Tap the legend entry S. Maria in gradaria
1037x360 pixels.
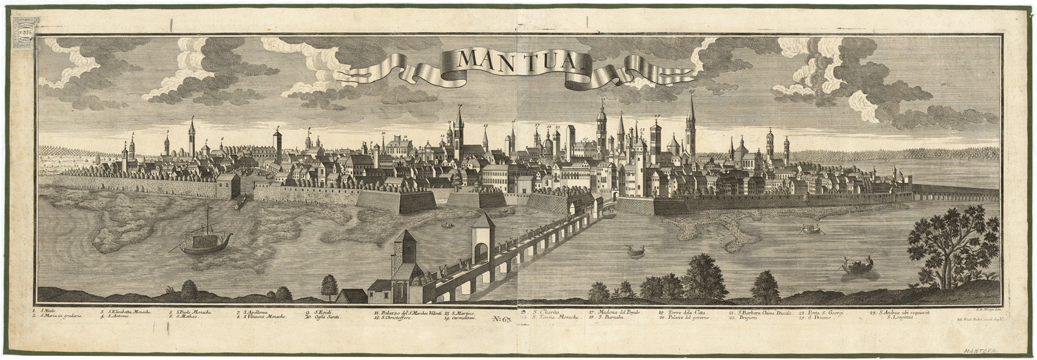58,317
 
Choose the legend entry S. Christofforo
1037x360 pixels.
403,317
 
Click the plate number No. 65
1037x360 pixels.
504,319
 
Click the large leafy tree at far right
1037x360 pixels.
945,241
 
